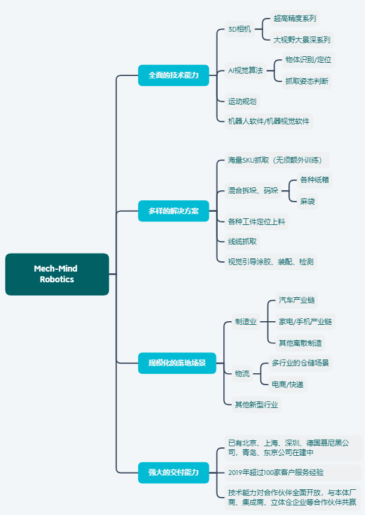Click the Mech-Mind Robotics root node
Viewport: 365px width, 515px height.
click(57, 274)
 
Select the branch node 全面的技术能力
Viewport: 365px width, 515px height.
click(174, 75)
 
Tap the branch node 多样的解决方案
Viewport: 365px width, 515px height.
click(174, 211)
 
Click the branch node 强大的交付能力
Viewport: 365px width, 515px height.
click(174, 472)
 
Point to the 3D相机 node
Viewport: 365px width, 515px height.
click(240, 29)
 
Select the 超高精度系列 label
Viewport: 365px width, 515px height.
click(295, 18)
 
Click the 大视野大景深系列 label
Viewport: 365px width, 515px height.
click(302, 40)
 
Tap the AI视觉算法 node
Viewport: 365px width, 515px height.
click(245, 70)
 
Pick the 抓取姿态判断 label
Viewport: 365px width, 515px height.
click(306, 81)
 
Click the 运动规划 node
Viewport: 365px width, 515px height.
click(242, 101)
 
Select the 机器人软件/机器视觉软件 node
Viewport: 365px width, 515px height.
click(269, 121)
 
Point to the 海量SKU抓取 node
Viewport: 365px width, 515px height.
click(278, 160)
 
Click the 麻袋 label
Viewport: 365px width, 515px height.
click(308, 201)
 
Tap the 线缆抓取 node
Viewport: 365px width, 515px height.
click(242, 241)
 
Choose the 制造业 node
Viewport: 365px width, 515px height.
click(245, 322)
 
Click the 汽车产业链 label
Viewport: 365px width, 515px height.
click(297, 300)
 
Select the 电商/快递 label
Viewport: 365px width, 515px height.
click(287, 384)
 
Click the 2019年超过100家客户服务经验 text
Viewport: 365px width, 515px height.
click(276, 472)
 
